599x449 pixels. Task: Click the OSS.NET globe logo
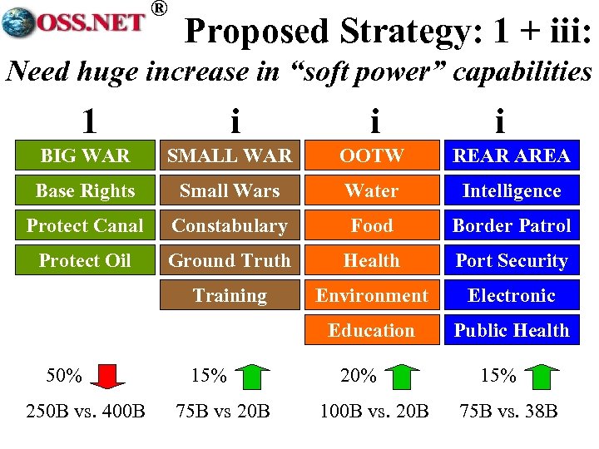click(x=17, y=22)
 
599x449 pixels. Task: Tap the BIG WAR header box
click(x=85, y=155)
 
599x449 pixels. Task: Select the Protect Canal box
click(x=85, y=225)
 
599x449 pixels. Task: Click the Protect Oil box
click(x=85, y=260)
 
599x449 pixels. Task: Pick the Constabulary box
click(x=229, y=225)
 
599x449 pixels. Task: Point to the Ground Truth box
click(x=229, y=260)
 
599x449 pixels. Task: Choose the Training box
click(x=229, y=295)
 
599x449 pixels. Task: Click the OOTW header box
click(x=371, y=155)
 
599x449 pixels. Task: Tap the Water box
click(x=371, y=190)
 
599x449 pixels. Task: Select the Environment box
click(x=371, y=295)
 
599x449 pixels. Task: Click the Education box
click(x=371, y=330)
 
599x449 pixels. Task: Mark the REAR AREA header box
click(x=511, y=155)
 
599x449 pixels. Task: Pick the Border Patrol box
click(x=511, y=225)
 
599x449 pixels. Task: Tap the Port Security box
click(x=511, y=260)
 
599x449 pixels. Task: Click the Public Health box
click(x=511, y=330)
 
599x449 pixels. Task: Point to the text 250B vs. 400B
click(x=85, y=411)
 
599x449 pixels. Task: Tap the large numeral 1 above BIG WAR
click(x=88, y=121)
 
